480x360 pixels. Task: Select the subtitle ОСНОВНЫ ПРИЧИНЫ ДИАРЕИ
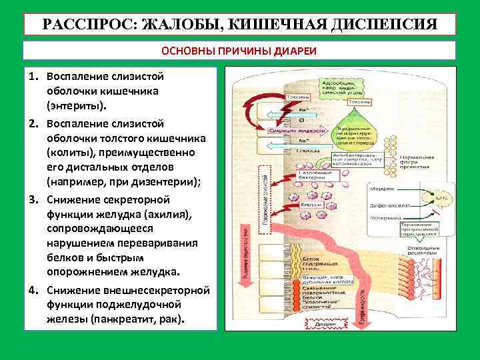pos(239,51)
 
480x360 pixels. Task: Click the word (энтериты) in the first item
pos(76,105)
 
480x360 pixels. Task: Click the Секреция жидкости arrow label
pos(297,131)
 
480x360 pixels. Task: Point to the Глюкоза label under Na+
pos(305,151)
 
